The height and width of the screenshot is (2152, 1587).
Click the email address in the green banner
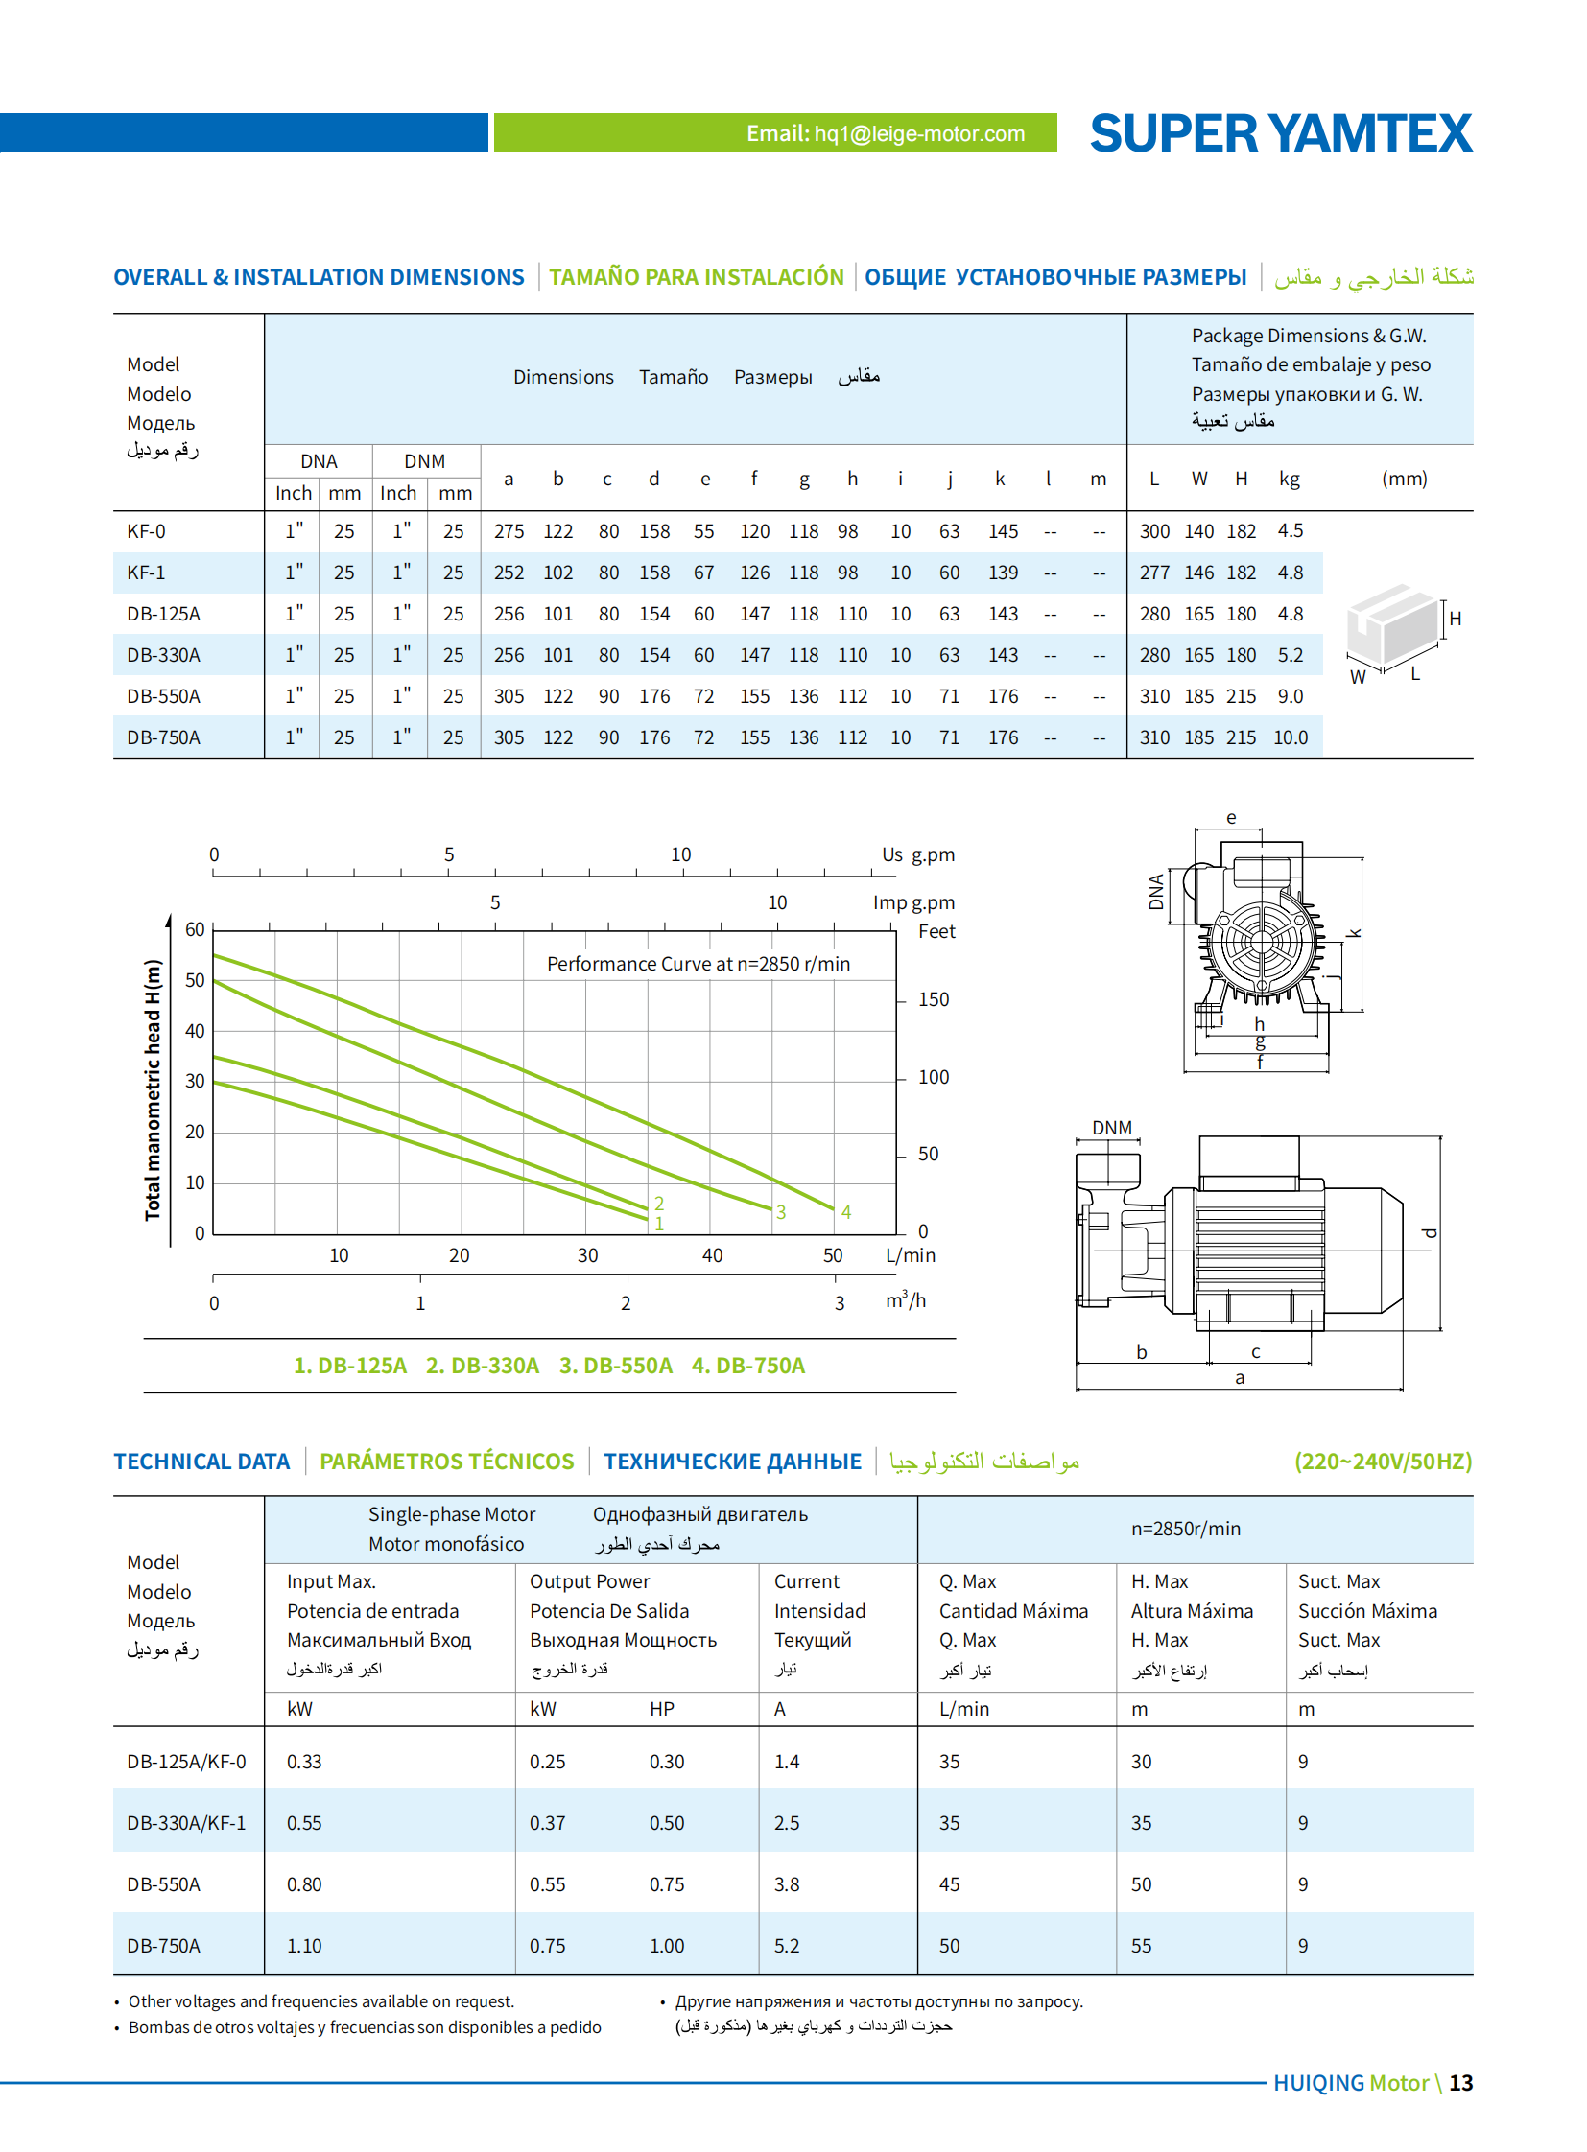coord(885,133)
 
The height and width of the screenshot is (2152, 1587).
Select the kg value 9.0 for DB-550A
coord(1290,696)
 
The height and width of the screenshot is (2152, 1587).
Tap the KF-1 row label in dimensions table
coord(146,573)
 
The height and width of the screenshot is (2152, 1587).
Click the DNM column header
coord(424,461)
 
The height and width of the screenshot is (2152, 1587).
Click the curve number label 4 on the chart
coord(845,1212)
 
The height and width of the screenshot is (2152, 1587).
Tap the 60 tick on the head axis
coord(195,929)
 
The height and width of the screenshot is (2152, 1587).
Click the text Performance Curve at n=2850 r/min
coord(698,963)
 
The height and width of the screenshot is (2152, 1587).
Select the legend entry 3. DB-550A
coord(615,1365)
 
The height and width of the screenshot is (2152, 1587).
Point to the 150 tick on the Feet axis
coord(933,999)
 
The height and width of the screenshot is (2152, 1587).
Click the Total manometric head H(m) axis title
coord(153,1090)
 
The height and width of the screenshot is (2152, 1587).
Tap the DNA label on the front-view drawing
coord(1155,891)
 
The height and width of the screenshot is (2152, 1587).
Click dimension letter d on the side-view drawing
coord(1429,1233)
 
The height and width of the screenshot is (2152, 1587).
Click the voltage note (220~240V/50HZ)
coord(1383,1461)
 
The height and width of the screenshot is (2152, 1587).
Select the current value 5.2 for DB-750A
coord(787,1946)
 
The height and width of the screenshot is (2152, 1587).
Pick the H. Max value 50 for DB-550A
coord(1140,1884)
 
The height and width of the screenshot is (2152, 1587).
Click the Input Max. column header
coord(331,1581)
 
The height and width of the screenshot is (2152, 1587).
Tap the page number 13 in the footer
coord(1460,2083)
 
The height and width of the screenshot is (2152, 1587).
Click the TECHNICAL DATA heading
coord(201,1461)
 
